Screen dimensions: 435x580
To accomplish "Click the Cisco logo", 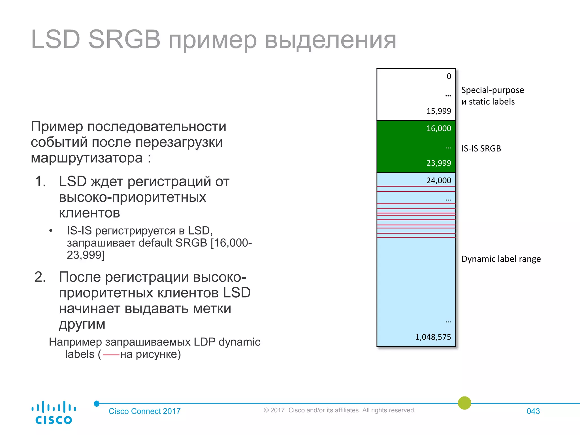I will (x=54, y=412).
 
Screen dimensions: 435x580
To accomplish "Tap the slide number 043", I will (x=533, y=411).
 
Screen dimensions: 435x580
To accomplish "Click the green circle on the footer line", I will (x=464, y=403).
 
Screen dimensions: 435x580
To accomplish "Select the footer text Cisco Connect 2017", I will (x=144, y=411).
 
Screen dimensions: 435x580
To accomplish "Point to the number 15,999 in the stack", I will (x=438, y=111).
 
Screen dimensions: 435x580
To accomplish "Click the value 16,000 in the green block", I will (x=438, y=128).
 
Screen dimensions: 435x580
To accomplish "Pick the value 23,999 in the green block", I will (x=438, y=163).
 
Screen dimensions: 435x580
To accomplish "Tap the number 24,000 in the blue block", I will (x=438, y=180).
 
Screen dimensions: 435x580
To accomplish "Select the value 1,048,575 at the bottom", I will (x=433, y=337).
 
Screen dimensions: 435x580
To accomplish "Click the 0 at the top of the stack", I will (x=449, y=76).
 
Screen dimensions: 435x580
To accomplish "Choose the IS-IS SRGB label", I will (x=481, y=148).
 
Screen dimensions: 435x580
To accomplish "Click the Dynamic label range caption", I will (x=501, y=259).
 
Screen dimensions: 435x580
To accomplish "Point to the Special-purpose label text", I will (x=492, y=90).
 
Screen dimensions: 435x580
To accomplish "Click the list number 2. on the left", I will (x=40, y=277).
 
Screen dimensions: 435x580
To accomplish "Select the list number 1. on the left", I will (x=40, y=181).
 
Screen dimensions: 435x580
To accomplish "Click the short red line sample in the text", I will (x=111, y=355).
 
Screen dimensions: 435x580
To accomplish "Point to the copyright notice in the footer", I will (x=339, y=410).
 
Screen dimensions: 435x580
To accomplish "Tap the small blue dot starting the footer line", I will (x=97, y=403).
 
